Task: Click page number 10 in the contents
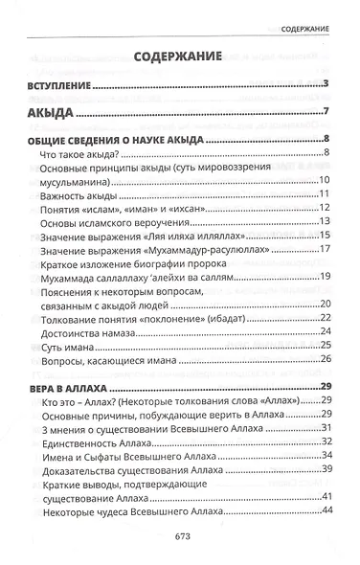click(326, 181)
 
